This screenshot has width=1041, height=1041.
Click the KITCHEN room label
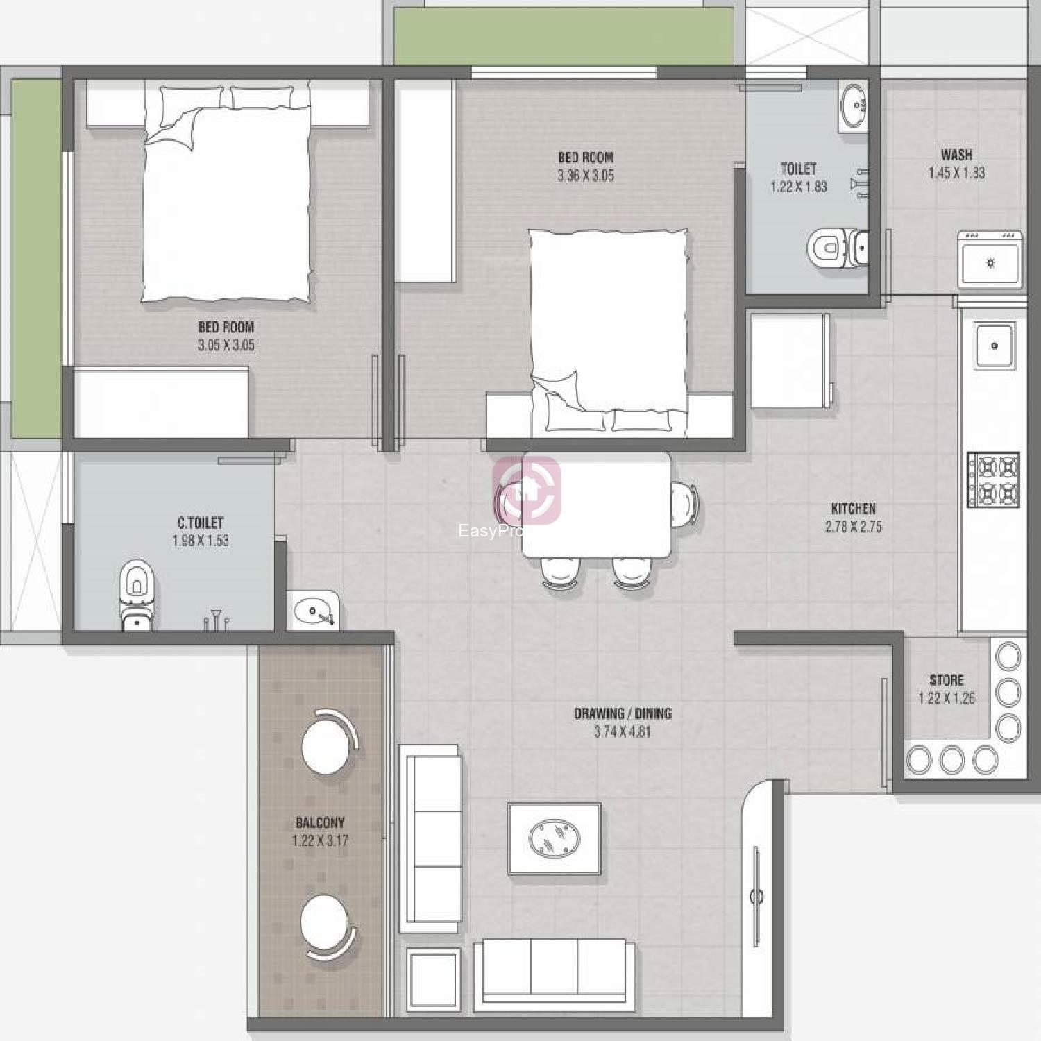853,509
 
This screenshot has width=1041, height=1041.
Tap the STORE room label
947,680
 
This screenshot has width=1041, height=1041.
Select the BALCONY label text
320,823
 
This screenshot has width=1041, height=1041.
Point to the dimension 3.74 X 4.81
623,731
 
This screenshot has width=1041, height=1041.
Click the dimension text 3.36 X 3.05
586,176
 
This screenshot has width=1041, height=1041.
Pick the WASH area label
956,155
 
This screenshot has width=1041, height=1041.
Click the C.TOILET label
201,523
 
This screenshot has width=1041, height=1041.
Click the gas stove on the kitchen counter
994,480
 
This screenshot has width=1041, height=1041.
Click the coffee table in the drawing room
555,838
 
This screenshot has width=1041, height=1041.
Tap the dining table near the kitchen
597,505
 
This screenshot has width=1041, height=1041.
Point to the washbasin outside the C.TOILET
313,610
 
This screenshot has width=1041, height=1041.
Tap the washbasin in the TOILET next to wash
853,107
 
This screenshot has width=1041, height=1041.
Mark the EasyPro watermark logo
525,491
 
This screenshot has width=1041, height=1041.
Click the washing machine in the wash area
990,260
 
